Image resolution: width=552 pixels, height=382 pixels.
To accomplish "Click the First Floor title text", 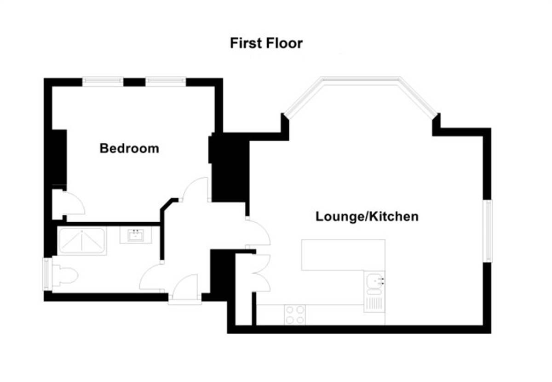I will click(266, 44).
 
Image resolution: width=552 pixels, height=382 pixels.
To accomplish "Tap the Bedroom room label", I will click(129, 148).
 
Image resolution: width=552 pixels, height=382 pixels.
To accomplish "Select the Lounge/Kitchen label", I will click(367, 216).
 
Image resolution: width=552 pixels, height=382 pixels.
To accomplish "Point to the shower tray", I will click(82, 242).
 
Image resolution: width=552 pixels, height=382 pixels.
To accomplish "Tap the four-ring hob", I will click(295, 315).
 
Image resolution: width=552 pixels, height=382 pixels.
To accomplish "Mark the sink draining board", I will click(374, 303).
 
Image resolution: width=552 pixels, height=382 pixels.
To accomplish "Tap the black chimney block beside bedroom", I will click(230, 168).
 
